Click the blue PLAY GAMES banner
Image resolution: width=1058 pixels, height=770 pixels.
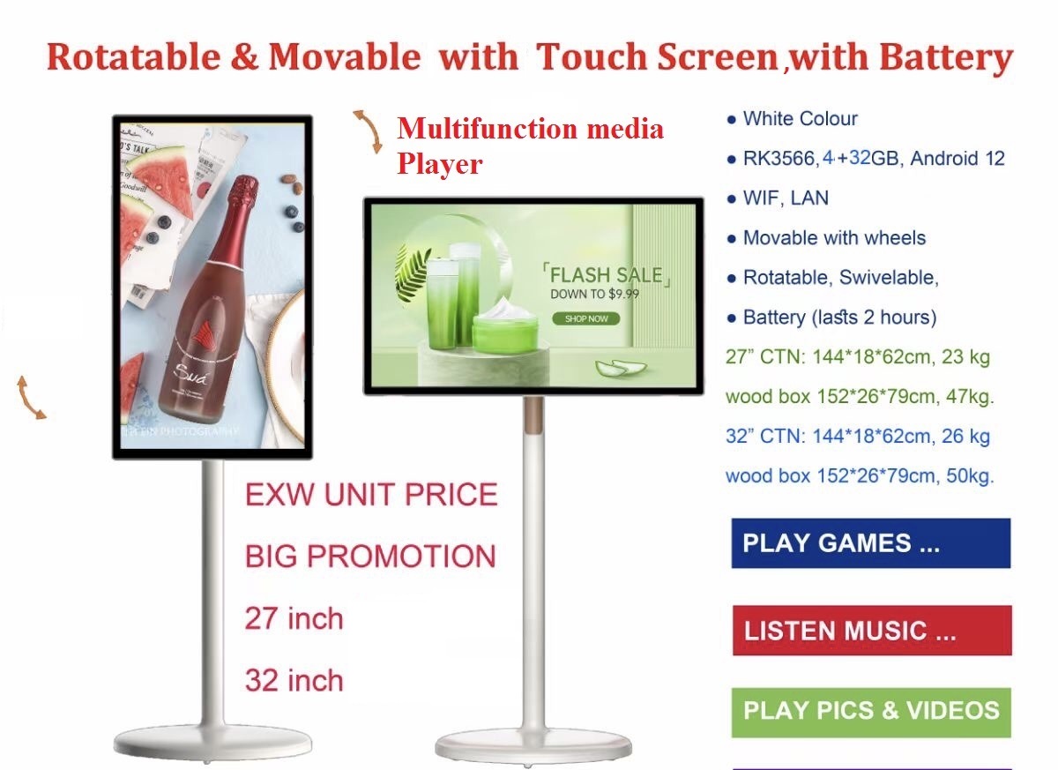click(871, 543)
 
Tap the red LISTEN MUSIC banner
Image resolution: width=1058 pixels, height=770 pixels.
click(872, 630)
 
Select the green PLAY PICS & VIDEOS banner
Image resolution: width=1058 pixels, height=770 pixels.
click(871, 713)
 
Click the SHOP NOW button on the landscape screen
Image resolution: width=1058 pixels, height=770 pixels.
click(586, 319)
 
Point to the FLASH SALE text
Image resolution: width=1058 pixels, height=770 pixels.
click(606, 275)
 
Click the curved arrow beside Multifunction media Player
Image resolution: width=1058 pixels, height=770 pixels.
click(369, 131)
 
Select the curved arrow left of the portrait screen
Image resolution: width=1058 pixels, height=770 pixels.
click(29, 398)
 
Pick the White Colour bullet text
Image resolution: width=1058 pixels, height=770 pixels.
click(801, 118)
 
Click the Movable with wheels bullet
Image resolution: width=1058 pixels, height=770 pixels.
click(834, 237)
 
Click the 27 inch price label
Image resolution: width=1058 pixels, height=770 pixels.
click(294, 618)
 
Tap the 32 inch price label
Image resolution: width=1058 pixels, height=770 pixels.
click(294, 680)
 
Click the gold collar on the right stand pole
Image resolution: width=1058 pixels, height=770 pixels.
click(534, 415)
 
